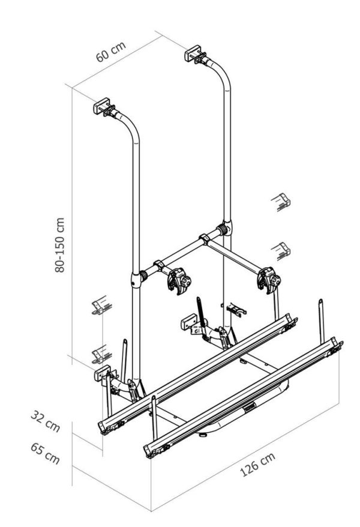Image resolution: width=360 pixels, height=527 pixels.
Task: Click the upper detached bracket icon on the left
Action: (98, 306)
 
